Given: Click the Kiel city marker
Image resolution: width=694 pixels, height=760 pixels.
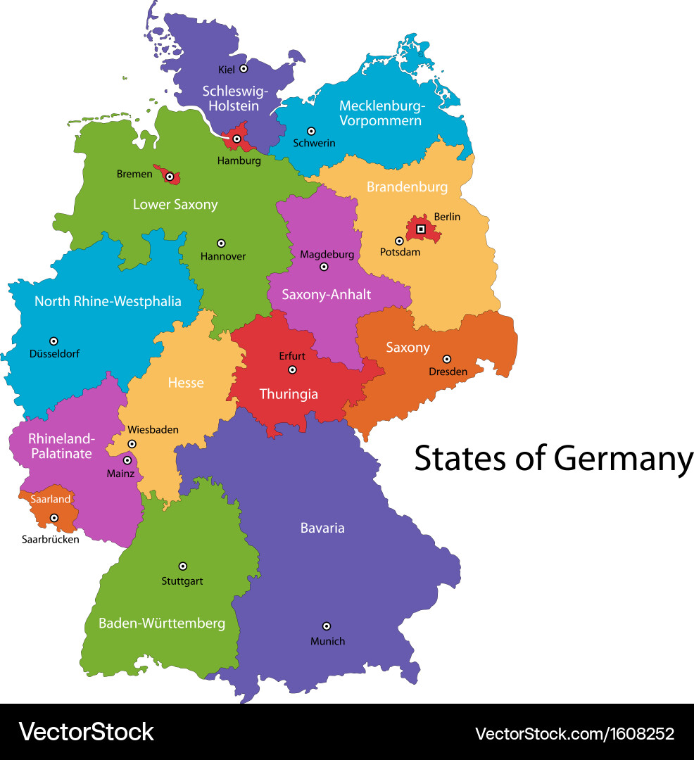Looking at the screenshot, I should click(x=244, y=68).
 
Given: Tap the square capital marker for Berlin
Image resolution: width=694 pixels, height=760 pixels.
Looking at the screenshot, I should click(x=421, y=229).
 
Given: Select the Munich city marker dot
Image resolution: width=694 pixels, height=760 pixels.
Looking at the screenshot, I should click(x=327, y=626).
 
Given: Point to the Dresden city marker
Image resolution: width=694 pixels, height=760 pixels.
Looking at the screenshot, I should click(x=446, y=359).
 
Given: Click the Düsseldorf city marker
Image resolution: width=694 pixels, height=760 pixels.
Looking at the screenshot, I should click(x=53, y=341).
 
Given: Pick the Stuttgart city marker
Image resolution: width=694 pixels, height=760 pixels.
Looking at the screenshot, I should click(x=183, y=566).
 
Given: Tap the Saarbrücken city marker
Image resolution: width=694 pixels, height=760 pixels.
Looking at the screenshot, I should click(x=53, y=518).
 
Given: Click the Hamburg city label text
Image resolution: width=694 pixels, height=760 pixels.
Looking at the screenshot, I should click(x=239, y=160).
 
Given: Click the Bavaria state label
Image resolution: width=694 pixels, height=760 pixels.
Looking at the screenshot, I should click(x=322, y=527).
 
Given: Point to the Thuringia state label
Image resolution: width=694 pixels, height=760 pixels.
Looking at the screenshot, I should click(x=289, y=394).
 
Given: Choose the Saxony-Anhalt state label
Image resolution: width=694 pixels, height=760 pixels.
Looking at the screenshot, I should click(x=326, y=294).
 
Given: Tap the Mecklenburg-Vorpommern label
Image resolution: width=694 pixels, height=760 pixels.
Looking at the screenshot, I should click(x=381, y=113).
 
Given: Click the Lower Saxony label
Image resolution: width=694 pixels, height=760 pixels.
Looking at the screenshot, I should click(x=175, y=205).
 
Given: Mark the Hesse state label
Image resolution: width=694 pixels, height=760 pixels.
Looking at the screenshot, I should click(x=186, y=383).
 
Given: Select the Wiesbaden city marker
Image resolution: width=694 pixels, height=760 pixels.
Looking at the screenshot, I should click(x=132, y=444).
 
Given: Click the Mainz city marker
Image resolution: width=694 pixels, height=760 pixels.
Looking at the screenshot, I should click(x=127, y=460).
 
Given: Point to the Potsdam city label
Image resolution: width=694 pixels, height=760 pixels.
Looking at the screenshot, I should click(x=400, y=252).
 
